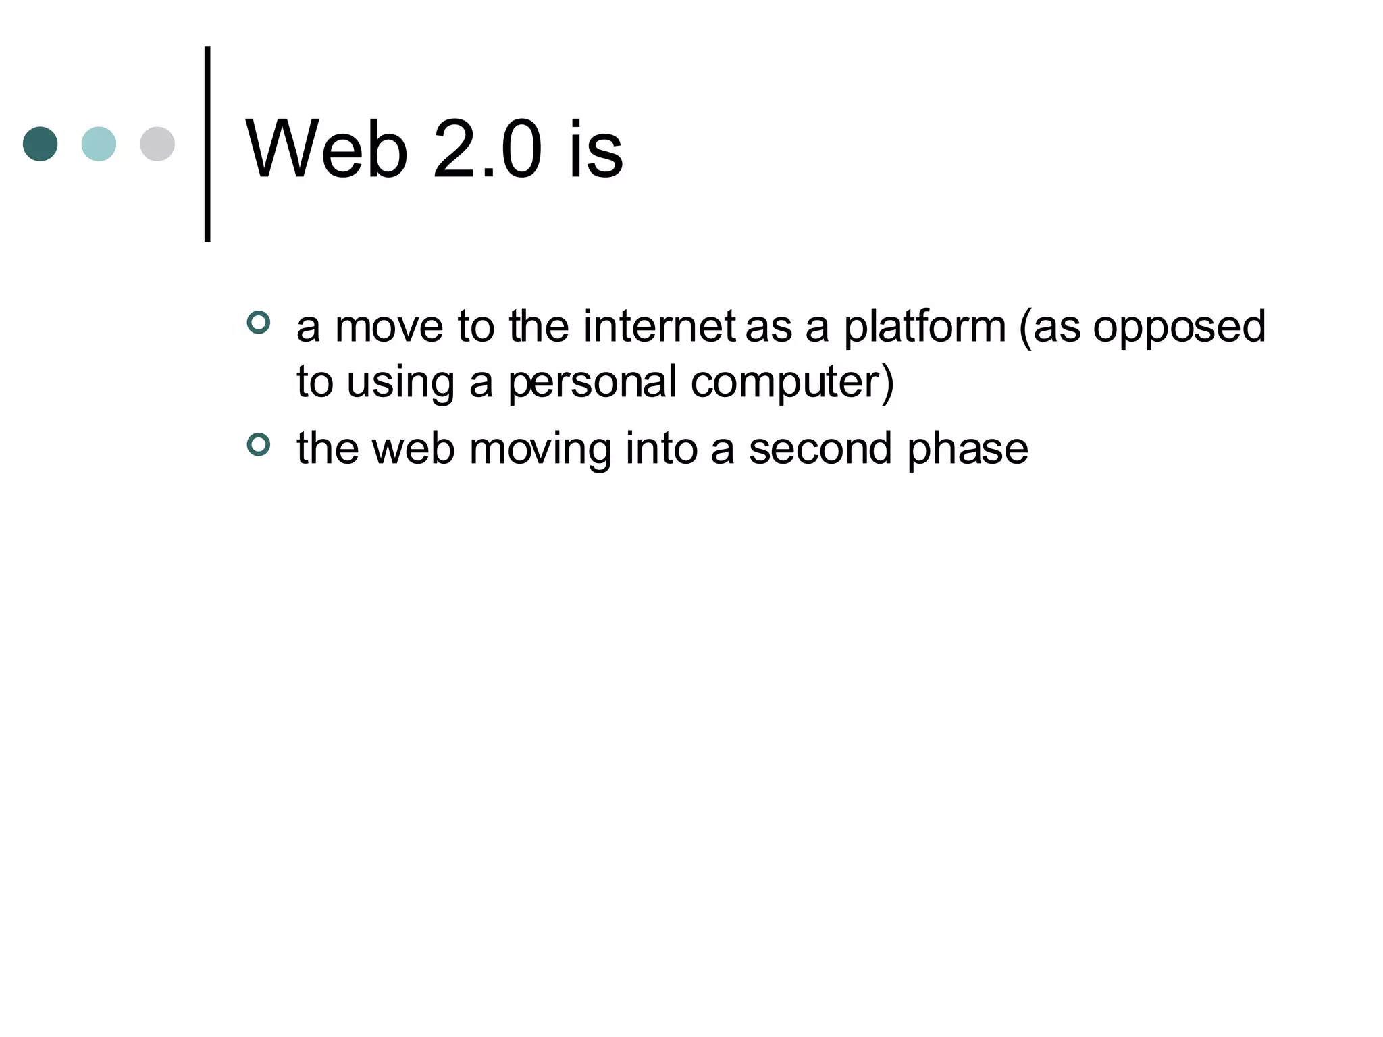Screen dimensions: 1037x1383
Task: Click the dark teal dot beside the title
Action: [x=40, y=144]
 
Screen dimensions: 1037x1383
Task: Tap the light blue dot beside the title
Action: [x=99, y=144]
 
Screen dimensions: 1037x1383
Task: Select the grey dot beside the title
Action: [x=157, y=144]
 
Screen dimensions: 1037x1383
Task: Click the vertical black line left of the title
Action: [x=207, y=144]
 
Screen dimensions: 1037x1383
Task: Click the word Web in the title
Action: [x=327, y=150]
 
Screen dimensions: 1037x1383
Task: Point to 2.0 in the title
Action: [x=487, y=150]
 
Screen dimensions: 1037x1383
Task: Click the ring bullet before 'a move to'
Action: [x=259, y=323]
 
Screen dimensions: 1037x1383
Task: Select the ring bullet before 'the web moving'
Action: [x=259, y=445]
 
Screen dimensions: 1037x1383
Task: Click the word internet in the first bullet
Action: [x=659, y=327]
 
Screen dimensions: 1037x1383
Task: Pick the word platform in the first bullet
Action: [x=924, y=327]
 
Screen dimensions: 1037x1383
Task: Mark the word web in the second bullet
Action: [x=413, y=449]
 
